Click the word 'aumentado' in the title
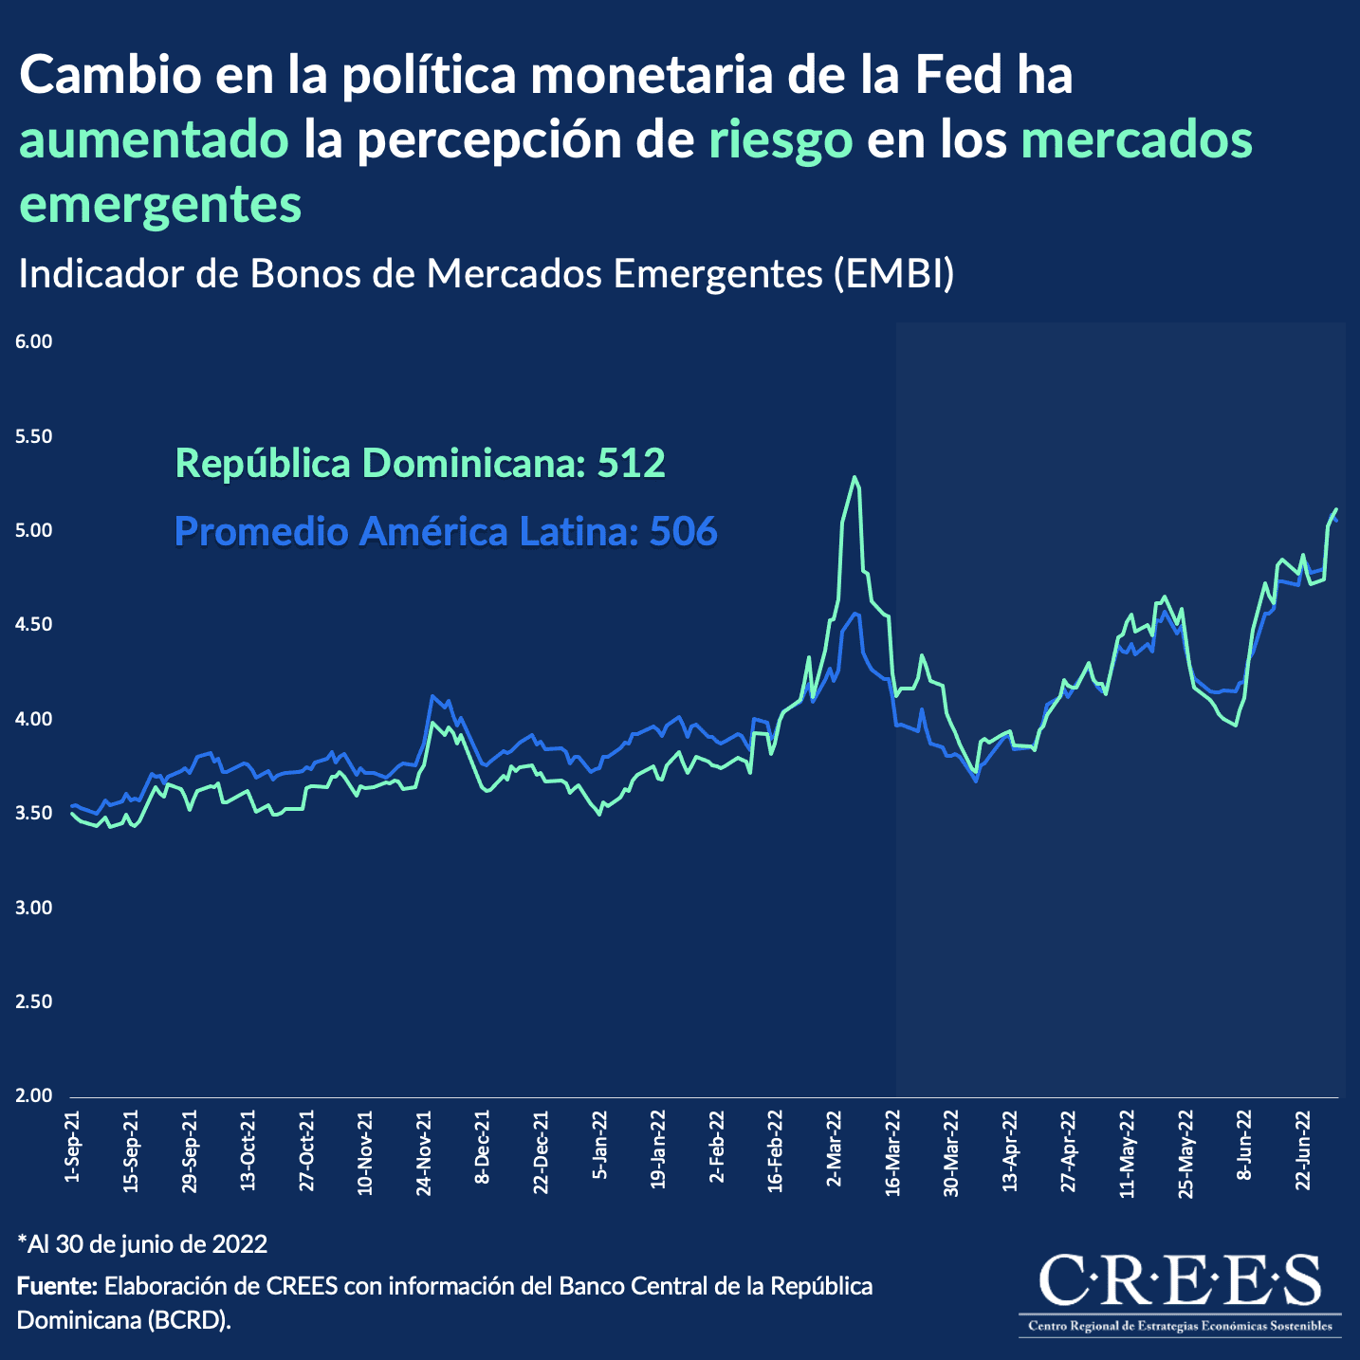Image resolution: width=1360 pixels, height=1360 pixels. pyautogui.click(x=155, y=140)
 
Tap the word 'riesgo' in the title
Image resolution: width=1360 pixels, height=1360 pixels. pyautogui.click(x=781, y=140)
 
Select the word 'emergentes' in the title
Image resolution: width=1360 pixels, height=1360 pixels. pyautogui.click(x=160, y=204)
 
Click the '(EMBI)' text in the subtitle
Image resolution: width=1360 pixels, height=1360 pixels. pyautogui.click(x=894, y=274)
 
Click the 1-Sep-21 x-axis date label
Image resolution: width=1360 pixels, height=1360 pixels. pyautogui.click(x=72, y=1146)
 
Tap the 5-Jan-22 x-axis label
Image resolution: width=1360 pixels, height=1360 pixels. pyautogui.click(x=599, y=1146)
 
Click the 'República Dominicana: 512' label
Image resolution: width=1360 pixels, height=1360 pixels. pyautogui.click(x=420, y=463)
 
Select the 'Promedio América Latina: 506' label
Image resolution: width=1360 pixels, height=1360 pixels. pyautogui.click(x=446, y=531)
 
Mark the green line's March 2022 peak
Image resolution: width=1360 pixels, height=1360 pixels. pyautogui.click(x=855, y=477)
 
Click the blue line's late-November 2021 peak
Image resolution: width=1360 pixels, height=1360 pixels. pyautogui.click(x=432, y=696)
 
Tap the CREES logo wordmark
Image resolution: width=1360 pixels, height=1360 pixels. pyautogui.click(x=1180, y=1279)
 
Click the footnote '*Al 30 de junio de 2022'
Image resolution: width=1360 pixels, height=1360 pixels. pyautogui.click(x=142, y=1243)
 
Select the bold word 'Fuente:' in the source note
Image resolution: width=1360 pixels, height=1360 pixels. pyautogui.click(x=57, y=1286)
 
